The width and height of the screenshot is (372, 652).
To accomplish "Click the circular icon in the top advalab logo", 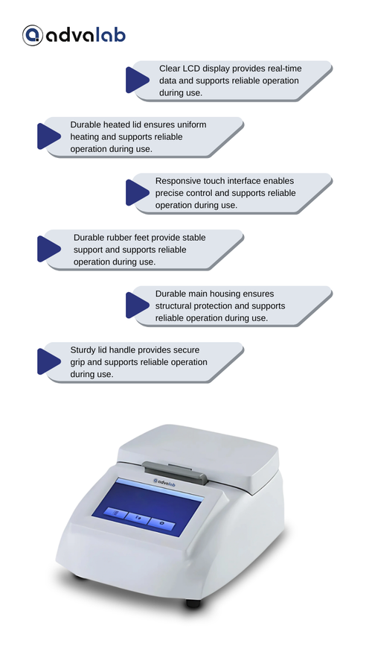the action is (x=33, y=35).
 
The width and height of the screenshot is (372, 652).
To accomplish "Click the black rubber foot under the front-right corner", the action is (x=193, y=603).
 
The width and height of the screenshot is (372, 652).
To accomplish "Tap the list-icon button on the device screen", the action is (x=116, y=513).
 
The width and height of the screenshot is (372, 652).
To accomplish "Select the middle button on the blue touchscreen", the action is (x=138, y=519).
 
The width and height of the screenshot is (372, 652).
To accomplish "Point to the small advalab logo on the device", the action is (x=166, y=481).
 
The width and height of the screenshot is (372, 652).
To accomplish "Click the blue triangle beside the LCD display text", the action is (x=138, y=80).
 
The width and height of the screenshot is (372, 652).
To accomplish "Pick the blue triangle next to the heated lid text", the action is (x=49, y=136).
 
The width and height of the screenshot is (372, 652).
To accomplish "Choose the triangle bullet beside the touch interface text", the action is (x=138, y=192).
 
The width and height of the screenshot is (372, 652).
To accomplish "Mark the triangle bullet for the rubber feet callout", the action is (x=49, y=249).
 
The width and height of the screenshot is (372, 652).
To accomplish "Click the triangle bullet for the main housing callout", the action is (x=138, y=306).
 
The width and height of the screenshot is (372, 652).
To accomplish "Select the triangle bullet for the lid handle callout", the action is (x=49, y=361).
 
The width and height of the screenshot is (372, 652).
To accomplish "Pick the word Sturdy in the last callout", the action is (x=83, y=350).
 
